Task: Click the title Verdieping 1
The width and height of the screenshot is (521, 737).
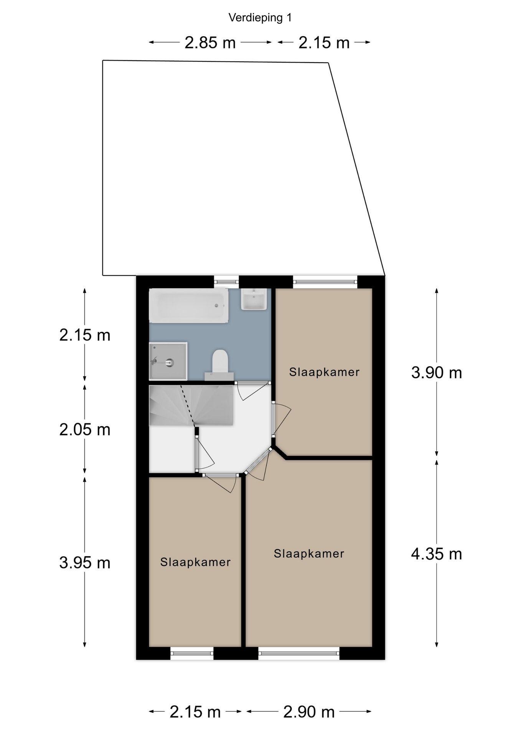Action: coord(260,18)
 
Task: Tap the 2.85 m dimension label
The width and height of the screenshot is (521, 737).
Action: coord(210,43)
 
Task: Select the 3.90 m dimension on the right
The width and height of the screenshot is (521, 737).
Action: coord(436,373)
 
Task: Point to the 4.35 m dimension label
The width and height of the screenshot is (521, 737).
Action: coord(436,554)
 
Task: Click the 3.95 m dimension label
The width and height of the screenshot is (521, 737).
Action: coord(85,563)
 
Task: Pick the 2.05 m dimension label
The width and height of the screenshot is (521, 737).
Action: coord(85,430)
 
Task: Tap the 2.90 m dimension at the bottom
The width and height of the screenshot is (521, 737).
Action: coord(309,712)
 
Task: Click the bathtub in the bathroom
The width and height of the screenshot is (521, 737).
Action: coord(188,306)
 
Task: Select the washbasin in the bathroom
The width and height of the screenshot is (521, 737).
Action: coord(254,299)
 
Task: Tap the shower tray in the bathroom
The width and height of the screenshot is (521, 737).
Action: coord(168,361)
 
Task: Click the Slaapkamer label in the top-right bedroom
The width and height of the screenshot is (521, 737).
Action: coord(324,372)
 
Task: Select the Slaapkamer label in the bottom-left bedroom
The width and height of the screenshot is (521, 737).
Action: coord(195,562)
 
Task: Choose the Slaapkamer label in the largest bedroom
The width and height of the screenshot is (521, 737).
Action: coord(309,554)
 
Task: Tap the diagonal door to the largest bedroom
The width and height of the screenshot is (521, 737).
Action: coord(258,463)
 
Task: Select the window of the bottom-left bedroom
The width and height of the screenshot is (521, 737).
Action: coord(192,653)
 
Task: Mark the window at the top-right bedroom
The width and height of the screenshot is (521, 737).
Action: coord(325,282)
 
